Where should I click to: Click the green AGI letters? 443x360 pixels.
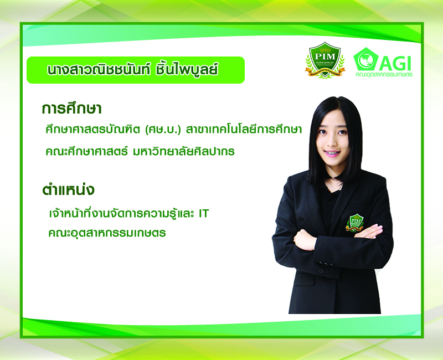click(395, 64)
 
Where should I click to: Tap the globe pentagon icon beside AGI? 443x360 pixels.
click(366, 59)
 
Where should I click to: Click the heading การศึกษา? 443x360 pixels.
click(71, 109)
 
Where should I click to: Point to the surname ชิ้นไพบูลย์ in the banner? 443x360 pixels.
click(187, 70)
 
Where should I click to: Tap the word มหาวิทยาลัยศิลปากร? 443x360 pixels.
click(184, 151)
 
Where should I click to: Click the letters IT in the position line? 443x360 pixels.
click(203, 213)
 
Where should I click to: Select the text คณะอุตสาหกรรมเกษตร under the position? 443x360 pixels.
click(107, 233)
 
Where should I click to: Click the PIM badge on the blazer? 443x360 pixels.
click(355, 223)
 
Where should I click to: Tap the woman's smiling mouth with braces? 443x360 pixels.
click(332, 153)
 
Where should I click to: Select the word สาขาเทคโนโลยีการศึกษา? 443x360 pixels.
click(244, 130)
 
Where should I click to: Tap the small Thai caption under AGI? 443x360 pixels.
click(384, 75)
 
